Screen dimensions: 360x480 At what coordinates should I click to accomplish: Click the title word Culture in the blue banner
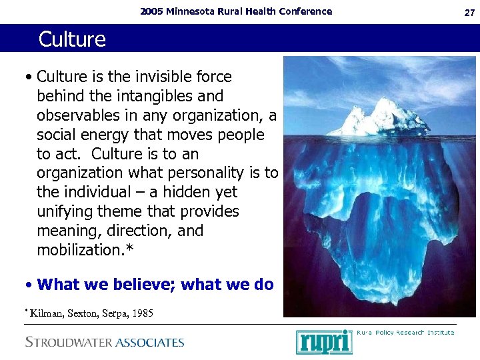pos(72,39)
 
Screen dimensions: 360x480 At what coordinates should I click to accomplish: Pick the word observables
pos(78,115)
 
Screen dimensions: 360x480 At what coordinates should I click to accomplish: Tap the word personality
pos(209,173)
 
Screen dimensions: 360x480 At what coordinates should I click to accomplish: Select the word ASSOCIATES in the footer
pos(150,343)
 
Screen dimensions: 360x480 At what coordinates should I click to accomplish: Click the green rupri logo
pos(324,341)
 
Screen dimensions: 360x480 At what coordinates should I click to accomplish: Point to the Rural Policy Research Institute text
pos(406,332)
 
